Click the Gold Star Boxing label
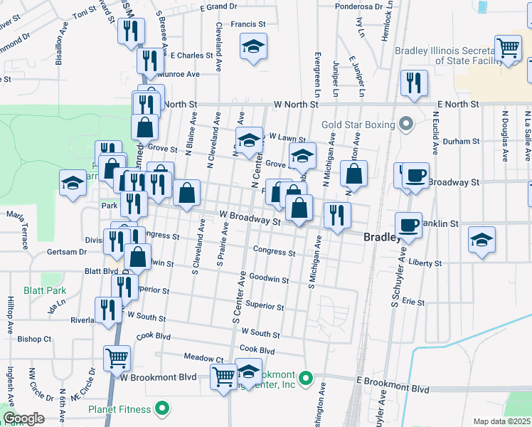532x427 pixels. [x=357, y=125]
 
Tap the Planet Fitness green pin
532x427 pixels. [x=163, y=408]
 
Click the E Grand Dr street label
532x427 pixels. [x=218, y=6]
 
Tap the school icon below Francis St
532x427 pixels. [x=253, y=47]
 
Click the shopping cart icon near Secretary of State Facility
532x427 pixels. [x=509, y=48]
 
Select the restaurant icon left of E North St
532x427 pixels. [x=413, y=83]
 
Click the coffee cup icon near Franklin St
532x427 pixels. [x=408, y=225]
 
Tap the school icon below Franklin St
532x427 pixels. [x=482, y=240]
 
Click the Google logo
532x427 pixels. [x=23, y=418]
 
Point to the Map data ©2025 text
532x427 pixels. [x=501, y=421]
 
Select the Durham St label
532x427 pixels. [x=461, y=142]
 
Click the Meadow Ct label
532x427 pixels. [x=203, y=359]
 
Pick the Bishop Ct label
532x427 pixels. [x=35, y=339]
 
